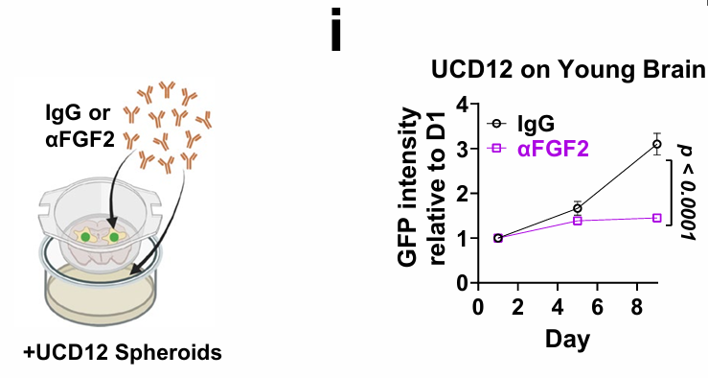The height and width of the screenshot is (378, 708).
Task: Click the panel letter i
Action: tap(336, 30)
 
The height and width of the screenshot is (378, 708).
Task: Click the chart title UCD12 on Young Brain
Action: tap(568, 70)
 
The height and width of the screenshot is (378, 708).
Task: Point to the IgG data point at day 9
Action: tap(657, 144)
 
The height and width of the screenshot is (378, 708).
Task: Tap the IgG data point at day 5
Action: tap(578, 208)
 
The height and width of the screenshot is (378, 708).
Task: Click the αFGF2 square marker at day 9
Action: tap(657, 218)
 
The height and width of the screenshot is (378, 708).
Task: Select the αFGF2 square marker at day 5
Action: tap(578, 221)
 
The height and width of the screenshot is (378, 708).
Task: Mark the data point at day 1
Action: tap(498, 238)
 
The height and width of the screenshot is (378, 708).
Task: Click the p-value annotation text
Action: tap(686, 193)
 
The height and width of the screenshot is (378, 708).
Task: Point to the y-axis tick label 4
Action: tap(462, 105)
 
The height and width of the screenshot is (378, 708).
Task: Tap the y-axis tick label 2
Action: tap(462, 194)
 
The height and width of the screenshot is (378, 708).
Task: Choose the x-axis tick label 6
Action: tap(597, 307)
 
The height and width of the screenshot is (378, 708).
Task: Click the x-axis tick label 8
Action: tap(637, 307)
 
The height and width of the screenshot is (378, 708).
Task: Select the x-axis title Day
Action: tap(567, 339)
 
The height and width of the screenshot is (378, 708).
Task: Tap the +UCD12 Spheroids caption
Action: tap(123, 353)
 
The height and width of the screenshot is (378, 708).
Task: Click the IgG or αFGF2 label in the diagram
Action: tap(80, 126)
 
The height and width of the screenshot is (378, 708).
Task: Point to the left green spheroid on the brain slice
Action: tap(85, 237)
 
